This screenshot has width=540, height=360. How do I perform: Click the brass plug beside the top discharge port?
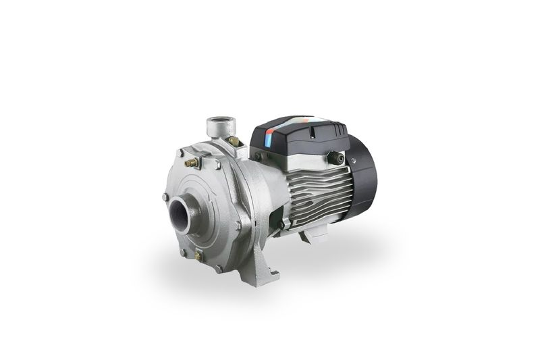click(x=233, y=141)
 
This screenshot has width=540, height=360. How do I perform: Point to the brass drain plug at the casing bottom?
click(x=198, y=256)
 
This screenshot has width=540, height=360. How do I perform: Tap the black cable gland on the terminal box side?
click(x=335, y=158)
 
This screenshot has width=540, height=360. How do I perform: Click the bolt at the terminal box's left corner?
click(x=258, y=157)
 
